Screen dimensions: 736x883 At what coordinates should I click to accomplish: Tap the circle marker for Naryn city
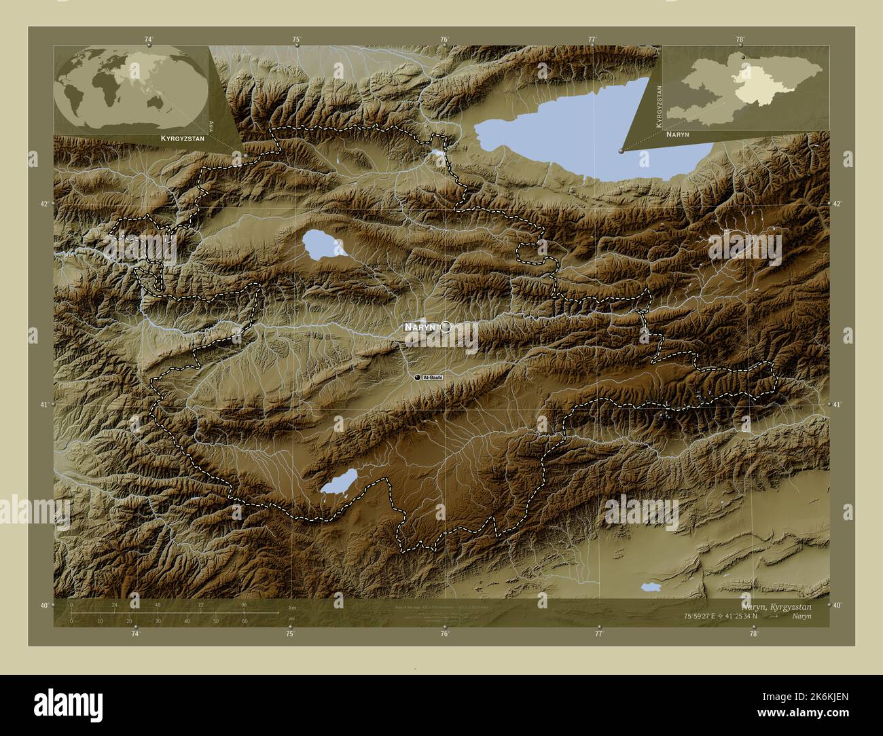pos(446,327)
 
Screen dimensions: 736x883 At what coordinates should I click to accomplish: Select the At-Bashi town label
pos(432,377)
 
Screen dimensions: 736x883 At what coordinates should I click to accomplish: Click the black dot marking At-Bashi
pos(417,377)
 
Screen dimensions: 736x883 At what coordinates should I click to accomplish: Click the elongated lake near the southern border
pos(339,481)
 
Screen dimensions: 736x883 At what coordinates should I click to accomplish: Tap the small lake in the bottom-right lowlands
pos(651,586)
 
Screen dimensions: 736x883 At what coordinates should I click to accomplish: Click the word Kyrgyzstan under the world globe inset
pos(182,138)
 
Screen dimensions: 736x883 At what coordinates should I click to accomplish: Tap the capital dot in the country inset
pos(742,56)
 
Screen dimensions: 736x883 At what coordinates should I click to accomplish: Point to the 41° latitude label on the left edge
pos(42,404)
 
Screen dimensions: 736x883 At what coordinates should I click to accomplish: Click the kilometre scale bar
pos(175,612)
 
